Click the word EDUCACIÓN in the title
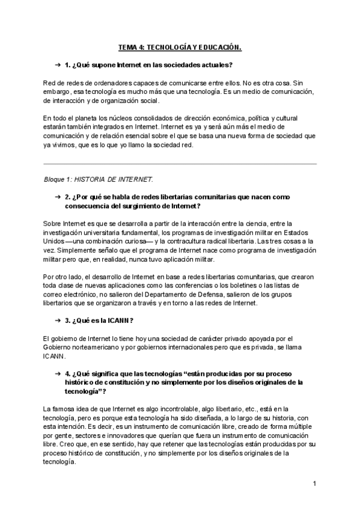click(x=218, y=46)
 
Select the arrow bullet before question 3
click(x=57, y=320)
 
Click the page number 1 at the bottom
click(x=314, y=483)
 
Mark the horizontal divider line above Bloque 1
click(x=180, y=164)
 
